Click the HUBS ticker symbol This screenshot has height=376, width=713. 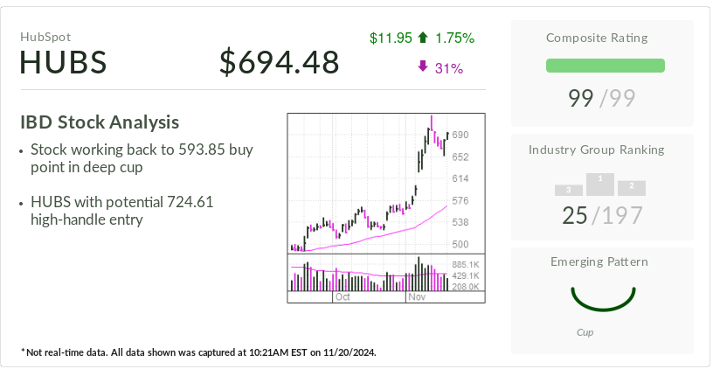coord(63,63)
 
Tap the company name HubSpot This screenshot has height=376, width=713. coord(45,37)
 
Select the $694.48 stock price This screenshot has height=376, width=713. coord(279,63)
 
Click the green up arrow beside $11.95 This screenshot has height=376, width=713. coord(423,38)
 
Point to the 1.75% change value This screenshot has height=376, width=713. coord(454,38)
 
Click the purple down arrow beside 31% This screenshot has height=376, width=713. coord(423,66)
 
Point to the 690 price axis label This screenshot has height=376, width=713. coord(461,135)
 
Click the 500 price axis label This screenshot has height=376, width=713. coord(460,244)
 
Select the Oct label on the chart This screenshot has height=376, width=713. coord(343,297)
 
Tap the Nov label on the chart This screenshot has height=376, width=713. coord(416,297)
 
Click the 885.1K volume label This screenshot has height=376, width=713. coord(465,265)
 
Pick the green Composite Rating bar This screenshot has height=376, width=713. coord(605,66)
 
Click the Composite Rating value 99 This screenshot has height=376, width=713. coord(581,98)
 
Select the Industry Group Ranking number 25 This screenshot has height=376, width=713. coord(575,214)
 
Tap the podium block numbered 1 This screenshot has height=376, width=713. coord(599,184)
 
